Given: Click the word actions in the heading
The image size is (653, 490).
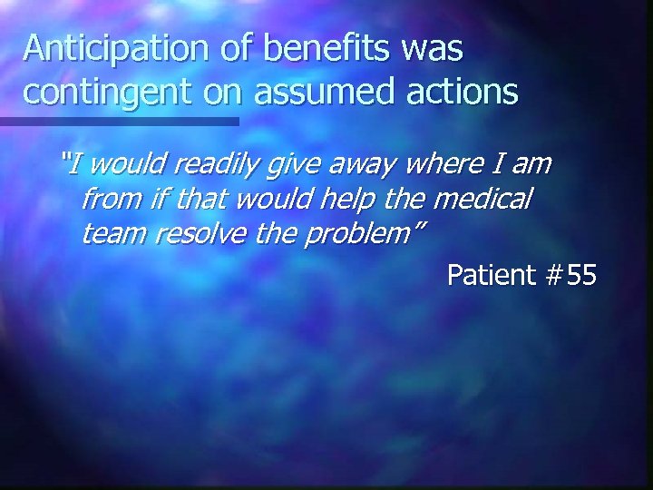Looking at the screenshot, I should click(465, 91).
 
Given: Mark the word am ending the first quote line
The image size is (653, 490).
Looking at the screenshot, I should click(532, 165).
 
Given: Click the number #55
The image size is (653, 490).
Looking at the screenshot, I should click(570, 275).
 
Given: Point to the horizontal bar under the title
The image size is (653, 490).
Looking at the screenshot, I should click(119, 121).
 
